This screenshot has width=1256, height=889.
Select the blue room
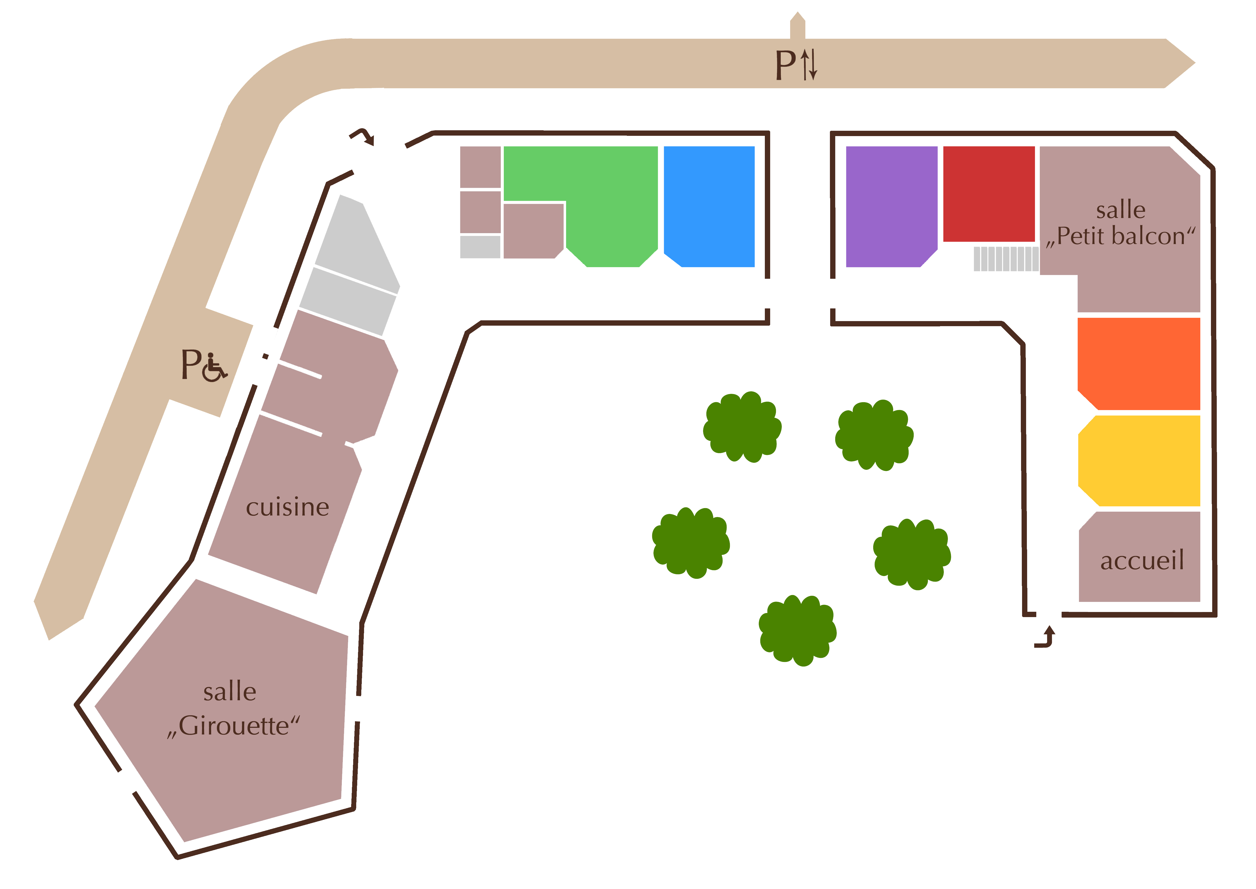tap(709, 202)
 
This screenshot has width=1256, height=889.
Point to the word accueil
tap(1142, 560)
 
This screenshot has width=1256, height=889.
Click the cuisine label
tap(287, 507)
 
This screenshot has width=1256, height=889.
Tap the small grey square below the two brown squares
tap(480, 246)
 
